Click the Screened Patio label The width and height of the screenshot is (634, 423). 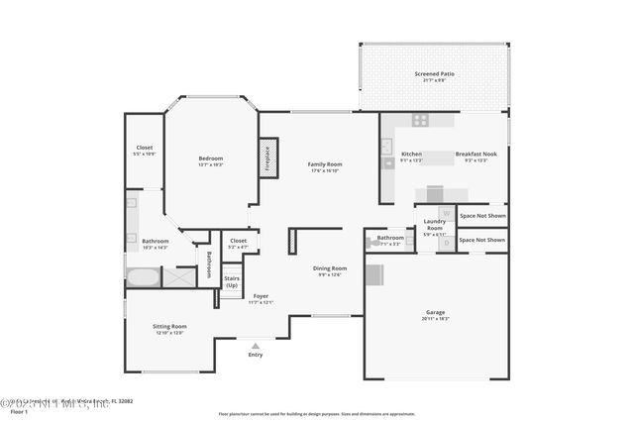(x=433, y=74)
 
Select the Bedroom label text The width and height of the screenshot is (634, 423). (x=210, y=159)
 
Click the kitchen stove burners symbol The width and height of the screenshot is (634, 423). (x=420, y=120)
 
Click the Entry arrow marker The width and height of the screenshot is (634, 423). (x=256, y=344)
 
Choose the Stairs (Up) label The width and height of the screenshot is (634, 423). (x=232, y=280)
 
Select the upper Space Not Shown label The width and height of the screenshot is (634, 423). (x=482, y=215)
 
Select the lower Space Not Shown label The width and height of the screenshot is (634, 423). (x=482, y=240)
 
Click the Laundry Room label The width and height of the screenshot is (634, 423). (x=435, y=224)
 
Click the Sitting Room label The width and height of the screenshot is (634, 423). (x=169, y=326)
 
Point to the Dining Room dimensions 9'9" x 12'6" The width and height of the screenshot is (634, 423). (x=330, y=274)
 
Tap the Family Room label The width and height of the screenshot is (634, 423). (x=324, y=163)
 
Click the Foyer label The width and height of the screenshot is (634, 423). (x=261, y=296)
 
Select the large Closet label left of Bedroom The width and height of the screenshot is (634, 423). (x=145, y=148)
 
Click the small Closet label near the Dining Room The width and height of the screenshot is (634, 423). (x=239, y=240)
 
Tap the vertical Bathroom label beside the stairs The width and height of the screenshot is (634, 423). (x=209, y=264)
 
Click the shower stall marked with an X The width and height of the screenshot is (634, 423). (x=178, y=275)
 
